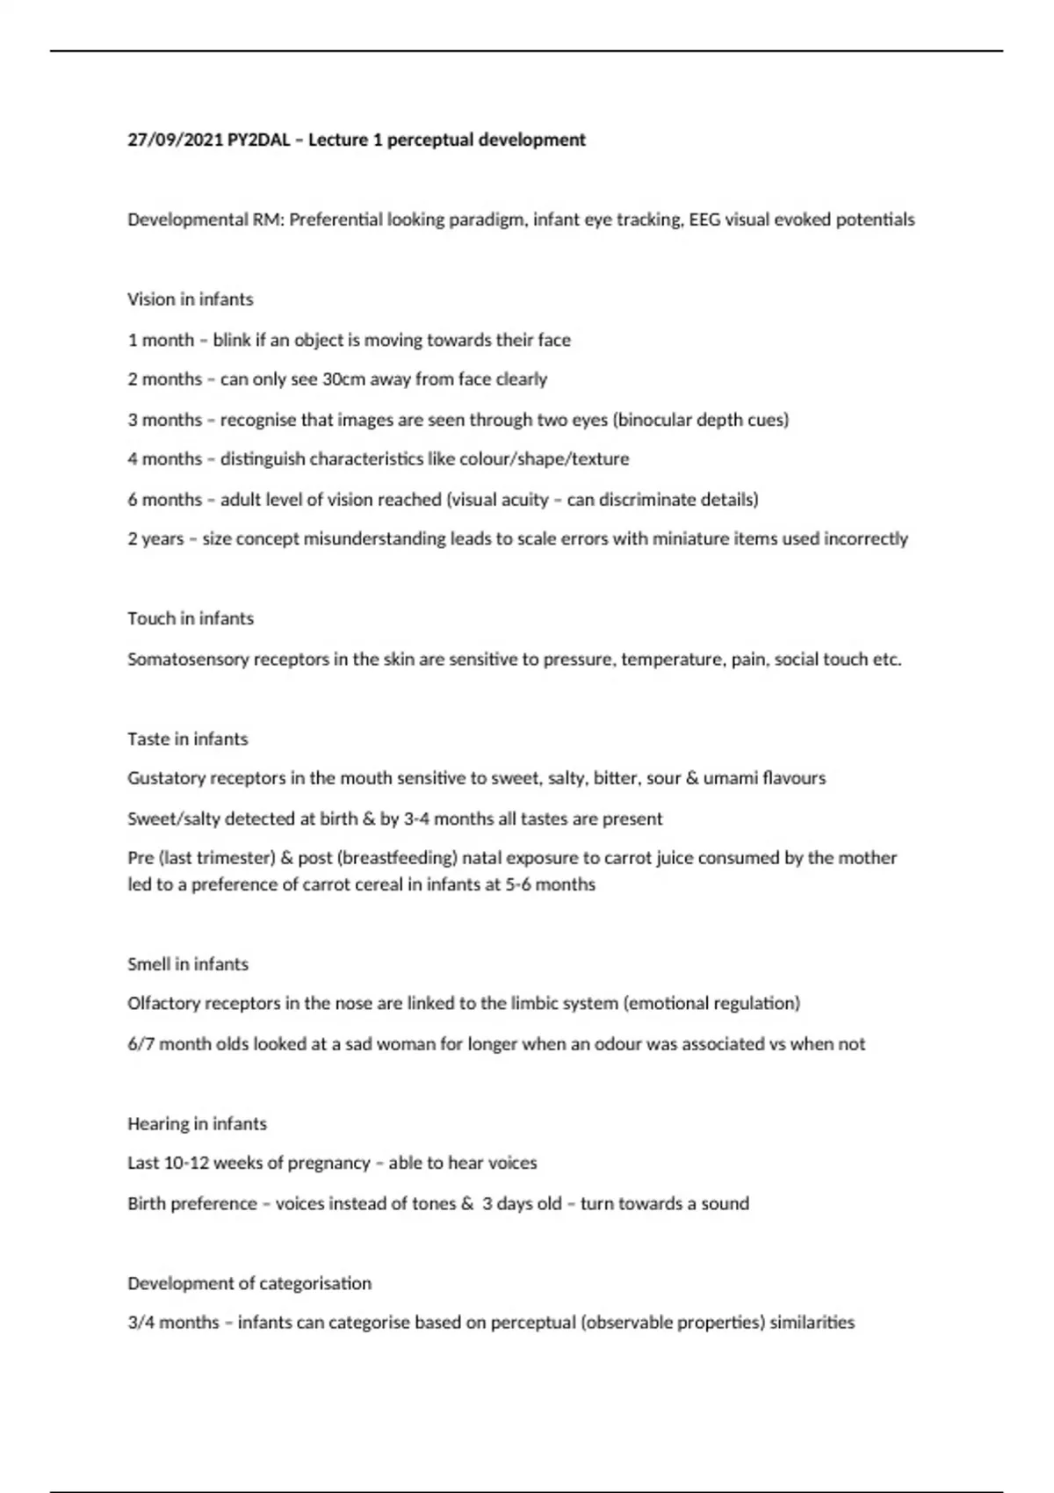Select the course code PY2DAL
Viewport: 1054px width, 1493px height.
point(258,140)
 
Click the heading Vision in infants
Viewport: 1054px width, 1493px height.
point(190,299)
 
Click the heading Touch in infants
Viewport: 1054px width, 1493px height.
point(190,618)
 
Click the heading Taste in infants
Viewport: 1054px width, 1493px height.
point(187,739)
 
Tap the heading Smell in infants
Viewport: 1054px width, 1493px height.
point(187,964)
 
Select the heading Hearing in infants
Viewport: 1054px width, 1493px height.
point(197,1124)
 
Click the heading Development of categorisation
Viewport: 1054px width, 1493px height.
point(249,1284)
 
